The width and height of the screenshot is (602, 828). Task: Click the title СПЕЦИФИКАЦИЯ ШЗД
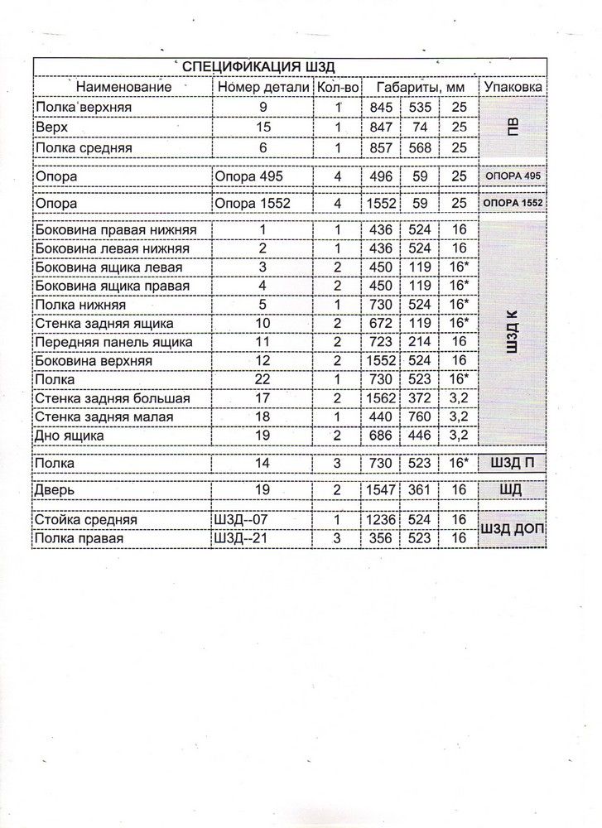(x=257, y=67)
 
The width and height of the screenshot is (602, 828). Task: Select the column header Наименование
(x=123, y=86)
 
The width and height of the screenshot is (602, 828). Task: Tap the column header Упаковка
(x=513, y=86)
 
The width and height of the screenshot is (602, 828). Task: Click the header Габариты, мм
(x=420, y=86)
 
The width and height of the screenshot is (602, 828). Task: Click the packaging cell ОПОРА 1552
(x=513, y=204)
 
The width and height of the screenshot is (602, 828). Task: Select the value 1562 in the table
(x=380, y=398)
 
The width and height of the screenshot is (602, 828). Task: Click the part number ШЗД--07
(x=241, y=520)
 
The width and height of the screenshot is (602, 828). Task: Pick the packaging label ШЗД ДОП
(x=513, y=530)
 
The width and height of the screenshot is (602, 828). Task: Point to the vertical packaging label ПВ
(x=513, y=128)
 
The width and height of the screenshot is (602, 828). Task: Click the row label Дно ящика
(x=70, y=435)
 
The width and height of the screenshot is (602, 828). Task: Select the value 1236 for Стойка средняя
(x=380, y=520)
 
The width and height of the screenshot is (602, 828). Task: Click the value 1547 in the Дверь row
(x=380, y=489)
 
